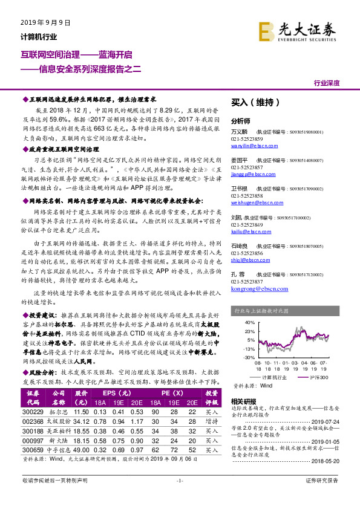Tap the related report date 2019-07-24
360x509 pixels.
click(327, 422)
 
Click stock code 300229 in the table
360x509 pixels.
click(33, 412)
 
